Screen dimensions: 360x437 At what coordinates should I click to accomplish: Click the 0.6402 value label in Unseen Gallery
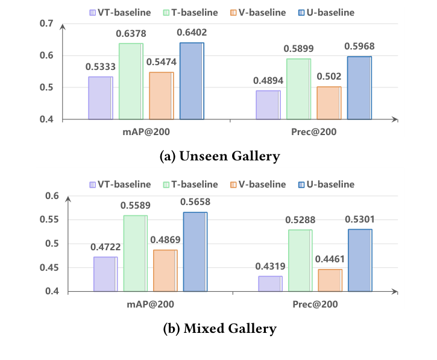pyautogui.click(x=192, y=33)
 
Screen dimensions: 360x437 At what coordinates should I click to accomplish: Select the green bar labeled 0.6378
pyautogui.click(x=131, y=81)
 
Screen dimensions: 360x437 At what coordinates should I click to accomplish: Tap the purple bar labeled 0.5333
pyautogui.click(x=100, y=98)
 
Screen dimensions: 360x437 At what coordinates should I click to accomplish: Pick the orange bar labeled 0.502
pyautogui.click(x=329, y=103)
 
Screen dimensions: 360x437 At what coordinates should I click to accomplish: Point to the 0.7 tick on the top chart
pyautogui.click(x=46, y=24)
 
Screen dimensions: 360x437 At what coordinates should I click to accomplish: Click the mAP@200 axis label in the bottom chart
pyautogui.click(x=151, y=305)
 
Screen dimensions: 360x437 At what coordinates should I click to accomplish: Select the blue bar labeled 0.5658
pyautogui.click(x=195, y=251)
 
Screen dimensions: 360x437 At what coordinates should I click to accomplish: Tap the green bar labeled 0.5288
pyautogui.click(x=300, y=261)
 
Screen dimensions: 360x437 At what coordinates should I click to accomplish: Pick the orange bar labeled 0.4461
pyautogui.click(x=330, y=280)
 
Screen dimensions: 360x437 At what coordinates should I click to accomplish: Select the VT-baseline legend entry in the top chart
pyautogui.click(x=115, y=11)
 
